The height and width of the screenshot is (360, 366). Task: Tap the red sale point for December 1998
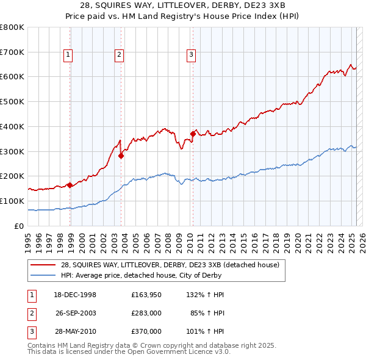70,185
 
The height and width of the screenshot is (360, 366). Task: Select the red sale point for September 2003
121,156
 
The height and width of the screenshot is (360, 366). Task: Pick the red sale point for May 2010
193,134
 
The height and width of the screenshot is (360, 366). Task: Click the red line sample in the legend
43,265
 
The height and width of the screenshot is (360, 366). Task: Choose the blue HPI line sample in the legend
43,275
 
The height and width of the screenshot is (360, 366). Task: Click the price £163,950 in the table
146,295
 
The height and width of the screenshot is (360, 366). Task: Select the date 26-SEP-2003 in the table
76,314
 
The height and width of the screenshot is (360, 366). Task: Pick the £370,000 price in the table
146,332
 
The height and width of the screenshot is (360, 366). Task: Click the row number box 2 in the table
31,314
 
